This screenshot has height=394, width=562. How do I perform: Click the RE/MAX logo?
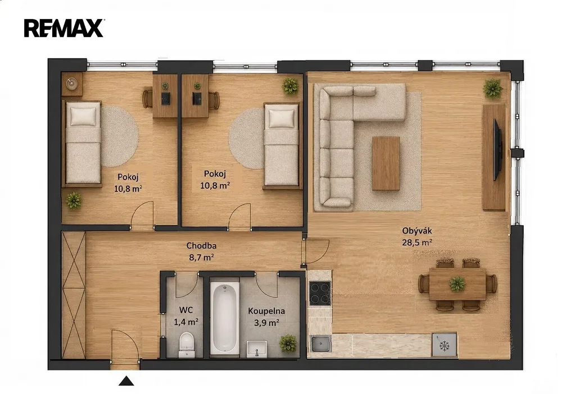click(64, 28)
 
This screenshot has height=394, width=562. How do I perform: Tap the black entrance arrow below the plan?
click(126, 381)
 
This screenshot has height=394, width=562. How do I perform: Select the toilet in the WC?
click(187, 345)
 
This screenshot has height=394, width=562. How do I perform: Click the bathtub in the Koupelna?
click(224, 318)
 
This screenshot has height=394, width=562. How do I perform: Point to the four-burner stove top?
click(320, 294)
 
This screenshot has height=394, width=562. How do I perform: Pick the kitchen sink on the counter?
click(321, 344)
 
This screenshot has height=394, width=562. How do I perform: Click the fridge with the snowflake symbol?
click(445, 345)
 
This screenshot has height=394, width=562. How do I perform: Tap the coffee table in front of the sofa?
click(386, 163)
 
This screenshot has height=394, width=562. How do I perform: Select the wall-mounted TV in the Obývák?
click(498, 149)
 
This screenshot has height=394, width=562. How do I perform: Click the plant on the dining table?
click(457, 284)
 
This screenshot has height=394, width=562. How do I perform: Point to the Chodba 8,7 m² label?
click(201, 251)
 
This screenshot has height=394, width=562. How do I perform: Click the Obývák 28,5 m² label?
click(417, 236)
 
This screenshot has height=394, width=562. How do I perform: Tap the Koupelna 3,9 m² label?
click(266, 317)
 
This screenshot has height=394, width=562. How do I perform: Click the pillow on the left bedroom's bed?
click(83, 116)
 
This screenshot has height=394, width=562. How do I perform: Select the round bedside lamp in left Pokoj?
click(72, 84)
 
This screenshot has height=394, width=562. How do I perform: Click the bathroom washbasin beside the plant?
click(257, 349)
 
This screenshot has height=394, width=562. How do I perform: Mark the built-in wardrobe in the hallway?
click(74, 295)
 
